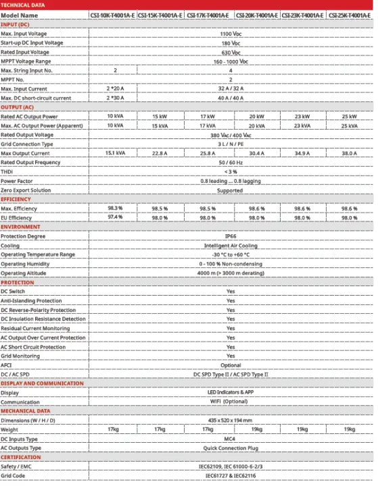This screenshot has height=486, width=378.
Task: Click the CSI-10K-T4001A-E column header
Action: [115, 15]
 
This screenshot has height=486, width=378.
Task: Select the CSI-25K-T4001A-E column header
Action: [349, 15]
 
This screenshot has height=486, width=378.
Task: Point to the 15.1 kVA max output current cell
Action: [115, 153]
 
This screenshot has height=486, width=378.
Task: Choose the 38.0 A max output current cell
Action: [349, 153]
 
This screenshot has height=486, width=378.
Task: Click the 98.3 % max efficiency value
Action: [115, 209]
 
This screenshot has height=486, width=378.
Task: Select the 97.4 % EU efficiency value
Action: [115, 217]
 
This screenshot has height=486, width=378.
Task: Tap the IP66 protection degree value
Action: [231, 236]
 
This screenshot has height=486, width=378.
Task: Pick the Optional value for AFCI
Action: [231, 365]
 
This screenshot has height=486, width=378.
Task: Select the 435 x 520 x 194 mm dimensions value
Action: [231, 420]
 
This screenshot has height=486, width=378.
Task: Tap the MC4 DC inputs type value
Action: [231, 439]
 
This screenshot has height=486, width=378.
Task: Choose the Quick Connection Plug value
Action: [231, 448]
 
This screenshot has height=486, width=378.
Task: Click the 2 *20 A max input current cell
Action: [115, 88]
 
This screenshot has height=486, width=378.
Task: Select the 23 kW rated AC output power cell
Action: [302, 116]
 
